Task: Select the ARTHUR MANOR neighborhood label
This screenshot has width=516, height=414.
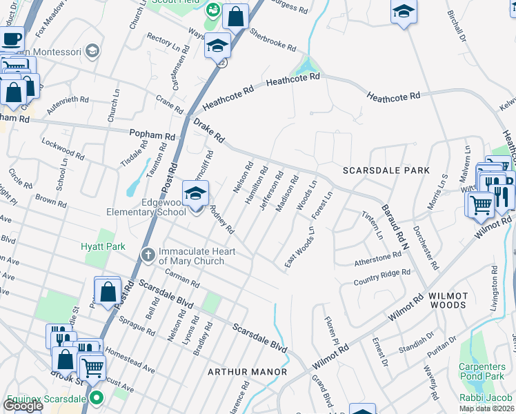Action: click(x=248, y=372)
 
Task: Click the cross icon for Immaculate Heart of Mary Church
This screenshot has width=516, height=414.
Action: click(x=147, y=255)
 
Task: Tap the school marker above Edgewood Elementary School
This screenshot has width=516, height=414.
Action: click(x=195, y=195)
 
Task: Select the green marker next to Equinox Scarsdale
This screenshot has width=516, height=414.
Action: click(x=97, y=398)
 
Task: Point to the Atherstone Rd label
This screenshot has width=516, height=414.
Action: click(x=377, y=257)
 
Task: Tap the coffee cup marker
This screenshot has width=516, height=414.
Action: click(x=10, y=39)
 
